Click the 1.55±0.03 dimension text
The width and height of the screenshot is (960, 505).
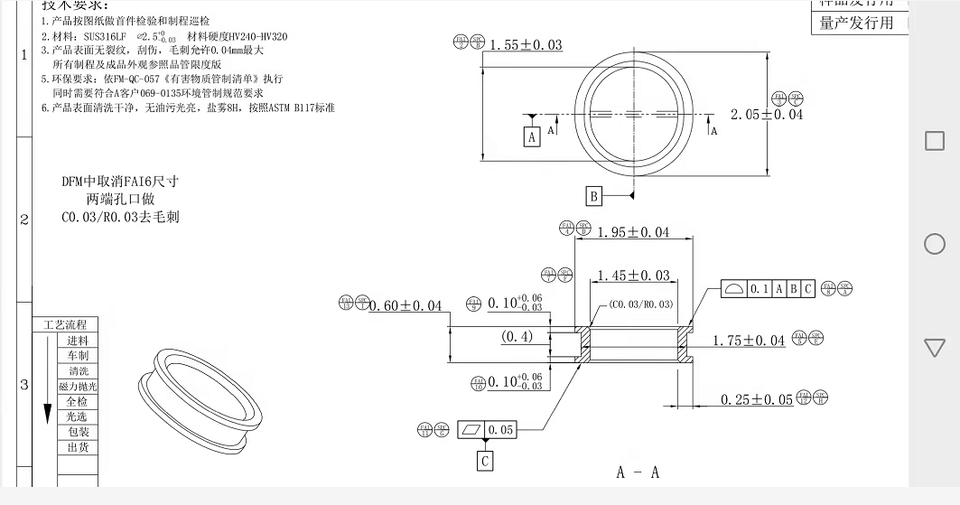(x=526, y=45)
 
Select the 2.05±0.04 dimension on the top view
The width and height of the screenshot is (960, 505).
(x=766, y=115)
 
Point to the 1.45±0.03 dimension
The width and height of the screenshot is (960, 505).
(x=633, y=275)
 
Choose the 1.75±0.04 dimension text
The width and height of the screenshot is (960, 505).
(x=749, y=341)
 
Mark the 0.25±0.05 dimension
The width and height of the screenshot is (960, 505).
(x=756, y=399)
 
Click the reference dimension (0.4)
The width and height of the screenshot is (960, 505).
(x=517, y=337)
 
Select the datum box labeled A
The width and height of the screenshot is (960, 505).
(x=532, y=136)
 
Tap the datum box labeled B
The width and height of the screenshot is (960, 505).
(x=593, y=196)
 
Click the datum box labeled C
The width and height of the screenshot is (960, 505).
(x=486, y=461)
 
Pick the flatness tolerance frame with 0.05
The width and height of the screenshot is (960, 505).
(x=487, y=430)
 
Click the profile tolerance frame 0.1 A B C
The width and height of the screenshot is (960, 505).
(x=769, y=289)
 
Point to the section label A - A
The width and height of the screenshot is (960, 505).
(x=638, y=472)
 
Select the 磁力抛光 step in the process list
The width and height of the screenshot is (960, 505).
(x=78, y=387)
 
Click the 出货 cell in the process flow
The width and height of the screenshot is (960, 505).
(x=78, y=448)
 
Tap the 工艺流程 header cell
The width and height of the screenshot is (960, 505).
(x=64, y=325)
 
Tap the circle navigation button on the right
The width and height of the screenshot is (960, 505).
(x=935, y=244)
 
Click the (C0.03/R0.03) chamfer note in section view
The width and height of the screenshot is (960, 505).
(x=640, y=304)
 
